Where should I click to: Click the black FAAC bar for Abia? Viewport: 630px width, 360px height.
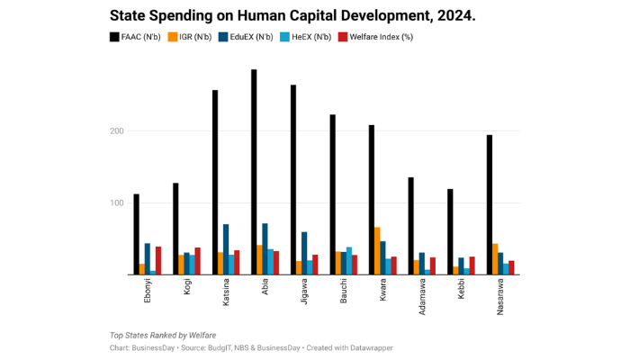click(254, 172)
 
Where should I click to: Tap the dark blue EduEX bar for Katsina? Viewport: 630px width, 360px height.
click(226, 249)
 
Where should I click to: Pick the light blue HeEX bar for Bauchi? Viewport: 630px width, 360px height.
click(349, 261)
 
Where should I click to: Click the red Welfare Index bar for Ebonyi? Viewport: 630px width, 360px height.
click(158, 260)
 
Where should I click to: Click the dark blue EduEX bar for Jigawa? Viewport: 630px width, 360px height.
click(304, 253)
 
